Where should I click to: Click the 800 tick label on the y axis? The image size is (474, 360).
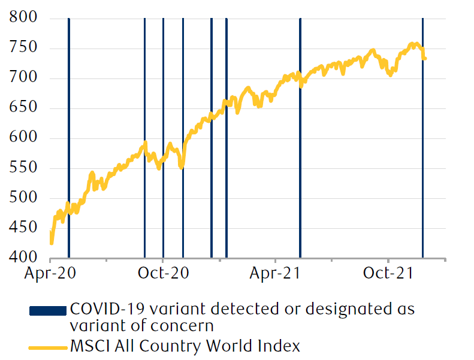pos(23,19)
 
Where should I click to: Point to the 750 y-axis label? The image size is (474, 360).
pos(23,49)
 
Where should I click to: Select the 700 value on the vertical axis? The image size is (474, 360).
pos(23,78)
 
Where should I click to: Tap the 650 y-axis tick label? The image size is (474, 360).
pos(23,108)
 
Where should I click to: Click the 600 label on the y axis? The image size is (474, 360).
pos(23,138)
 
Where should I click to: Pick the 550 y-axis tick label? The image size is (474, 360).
pos(23,168)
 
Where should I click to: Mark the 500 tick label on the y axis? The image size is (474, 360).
pos(23,198)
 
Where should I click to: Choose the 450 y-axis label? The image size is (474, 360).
pos(23,228)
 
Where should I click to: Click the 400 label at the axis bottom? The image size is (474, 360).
pos(23,258)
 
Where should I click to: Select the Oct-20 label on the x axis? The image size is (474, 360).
pos(163,273)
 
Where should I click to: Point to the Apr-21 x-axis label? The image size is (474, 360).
pos(275,273)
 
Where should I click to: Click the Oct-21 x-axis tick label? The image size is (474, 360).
pos(388,273)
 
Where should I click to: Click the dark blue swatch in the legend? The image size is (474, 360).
pos(47,310)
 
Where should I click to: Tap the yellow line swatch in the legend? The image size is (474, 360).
pos(47,346)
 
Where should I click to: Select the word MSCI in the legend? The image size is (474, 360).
pos(88,346)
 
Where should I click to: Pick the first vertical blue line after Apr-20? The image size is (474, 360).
pos(69,138)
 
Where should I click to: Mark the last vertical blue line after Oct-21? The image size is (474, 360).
pos(422,138)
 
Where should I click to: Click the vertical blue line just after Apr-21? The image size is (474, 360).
pos(300,138)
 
